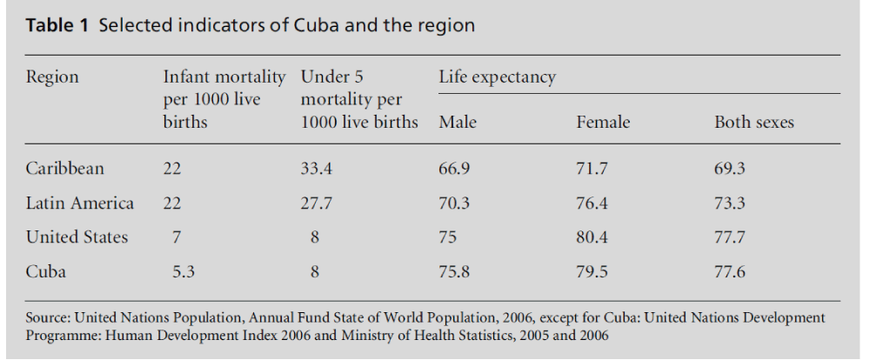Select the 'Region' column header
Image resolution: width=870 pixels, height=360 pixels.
point(52,77)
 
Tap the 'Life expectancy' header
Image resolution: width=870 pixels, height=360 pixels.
point(498,77)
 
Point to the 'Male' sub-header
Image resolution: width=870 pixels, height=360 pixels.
point(458,123)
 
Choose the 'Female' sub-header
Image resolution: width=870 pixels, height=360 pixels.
point(603,123)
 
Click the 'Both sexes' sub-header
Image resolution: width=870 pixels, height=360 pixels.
point(753,123)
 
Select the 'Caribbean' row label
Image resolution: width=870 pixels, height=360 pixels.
point(64,170)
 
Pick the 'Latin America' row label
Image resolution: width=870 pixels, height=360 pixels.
point(80,203)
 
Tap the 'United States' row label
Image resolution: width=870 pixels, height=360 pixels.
point(77,237)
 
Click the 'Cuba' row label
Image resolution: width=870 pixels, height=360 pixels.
point(45,271)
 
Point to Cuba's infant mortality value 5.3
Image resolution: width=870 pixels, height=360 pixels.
point(183,271)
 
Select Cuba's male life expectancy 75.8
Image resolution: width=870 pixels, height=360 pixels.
point(455,271)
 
